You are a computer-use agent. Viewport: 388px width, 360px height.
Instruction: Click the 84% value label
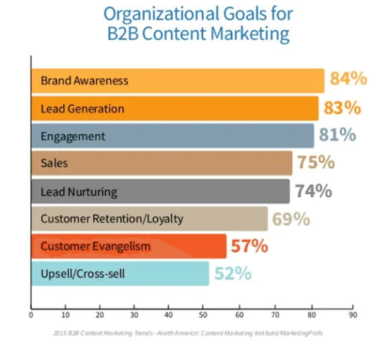tap(348, 80)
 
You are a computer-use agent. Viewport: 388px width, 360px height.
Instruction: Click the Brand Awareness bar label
tap(84, 81)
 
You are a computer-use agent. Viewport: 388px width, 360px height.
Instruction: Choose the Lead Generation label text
tap(82, 109)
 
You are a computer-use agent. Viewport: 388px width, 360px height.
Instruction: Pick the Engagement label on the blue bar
tap(73, 136)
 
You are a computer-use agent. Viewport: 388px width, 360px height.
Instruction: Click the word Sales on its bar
tap(54, 163)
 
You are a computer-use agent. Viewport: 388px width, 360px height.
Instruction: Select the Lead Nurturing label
tap(78, 192)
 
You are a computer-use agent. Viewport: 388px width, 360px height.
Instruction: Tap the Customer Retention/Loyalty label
tap(112, 219)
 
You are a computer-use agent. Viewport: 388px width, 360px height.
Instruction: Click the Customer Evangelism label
tap(95, 247)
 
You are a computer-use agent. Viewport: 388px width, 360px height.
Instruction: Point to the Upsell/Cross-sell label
tap(82, 274)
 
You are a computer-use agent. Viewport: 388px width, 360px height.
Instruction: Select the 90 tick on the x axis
tap(352, 314)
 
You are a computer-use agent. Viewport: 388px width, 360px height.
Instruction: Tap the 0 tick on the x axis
tap(31, 314)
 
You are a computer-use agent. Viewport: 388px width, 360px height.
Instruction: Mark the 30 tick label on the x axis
tap(135, 314)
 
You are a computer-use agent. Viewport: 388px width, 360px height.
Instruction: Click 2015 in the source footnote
tap(61, 333)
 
